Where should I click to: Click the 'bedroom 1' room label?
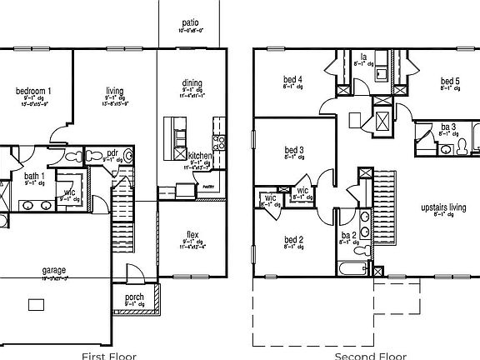click(33, 90)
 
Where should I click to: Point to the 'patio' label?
click(191, 23)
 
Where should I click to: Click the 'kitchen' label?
click(200, 156)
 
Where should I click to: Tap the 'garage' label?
click(55, 270)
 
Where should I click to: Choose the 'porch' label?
click(134, 297)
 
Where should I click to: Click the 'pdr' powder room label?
click(113, 153)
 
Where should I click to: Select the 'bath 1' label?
click(33, 176)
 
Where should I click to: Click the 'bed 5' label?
click(450, 81)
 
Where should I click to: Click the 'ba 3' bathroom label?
click(447, 127)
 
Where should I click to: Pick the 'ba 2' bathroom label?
click(347, 237)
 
